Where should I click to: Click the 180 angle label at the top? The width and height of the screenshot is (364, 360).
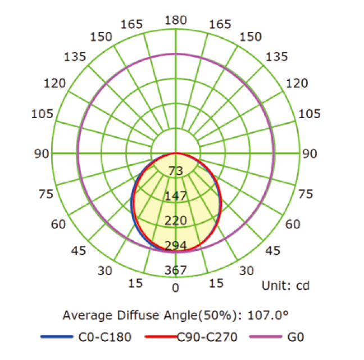[x=176, y=20]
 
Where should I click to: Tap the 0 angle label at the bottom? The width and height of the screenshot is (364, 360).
[x=176, y=288]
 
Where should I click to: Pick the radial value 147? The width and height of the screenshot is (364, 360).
[x=176, y=196]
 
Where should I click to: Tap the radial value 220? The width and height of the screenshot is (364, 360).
[x=176, y=220]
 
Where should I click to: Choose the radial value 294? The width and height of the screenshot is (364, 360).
[x=176, y=245]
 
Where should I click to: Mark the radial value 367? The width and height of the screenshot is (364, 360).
[x=176, y=270]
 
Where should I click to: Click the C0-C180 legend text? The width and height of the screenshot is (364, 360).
[x=105, y=337]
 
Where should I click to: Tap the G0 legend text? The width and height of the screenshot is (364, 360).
[x=295, y=337]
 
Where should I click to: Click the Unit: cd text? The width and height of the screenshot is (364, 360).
[x=285, y=286]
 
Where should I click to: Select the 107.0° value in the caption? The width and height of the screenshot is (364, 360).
[x=269, y=314]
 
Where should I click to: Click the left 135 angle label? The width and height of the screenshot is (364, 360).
[x=75, y=57]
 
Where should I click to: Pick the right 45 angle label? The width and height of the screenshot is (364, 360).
[x=272, y=251]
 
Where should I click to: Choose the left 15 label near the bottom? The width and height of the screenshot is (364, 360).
[x=135, y=283]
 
